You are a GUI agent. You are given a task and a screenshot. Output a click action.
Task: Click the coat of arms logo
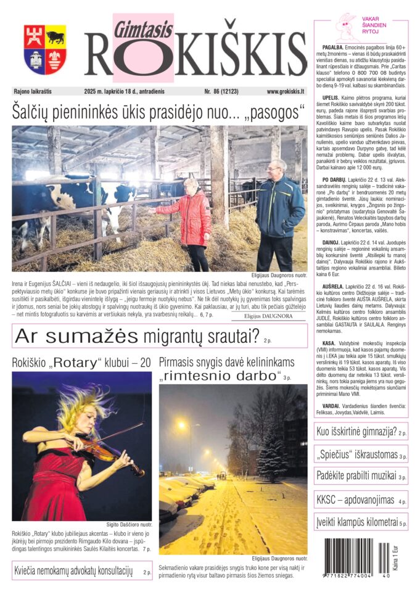click(x=45, y=49)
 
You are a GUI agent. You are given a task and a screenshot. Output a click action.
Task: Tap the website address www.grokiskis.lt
click(x=286, y=91)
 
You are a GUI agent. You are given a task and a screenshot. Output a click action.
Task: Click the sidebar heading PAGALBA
click(x=334, y=47)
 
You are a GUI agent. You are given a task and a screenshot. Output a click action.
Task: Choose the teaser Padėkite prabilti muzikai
click(x=360, y=477)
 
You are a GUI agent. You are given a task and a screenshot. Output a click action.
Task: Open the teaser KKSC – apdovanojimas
click(x=360, y=499)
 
